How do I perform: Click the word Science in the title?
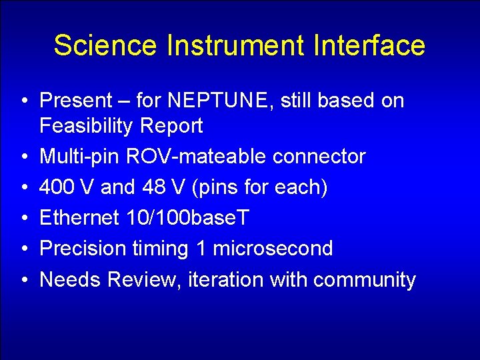click(105, 46)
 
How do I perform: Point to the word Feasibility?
click(92, 125)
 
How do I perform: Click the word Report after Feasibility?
click(174, 125)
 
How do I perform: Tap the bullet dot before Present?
click(23, 101)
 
